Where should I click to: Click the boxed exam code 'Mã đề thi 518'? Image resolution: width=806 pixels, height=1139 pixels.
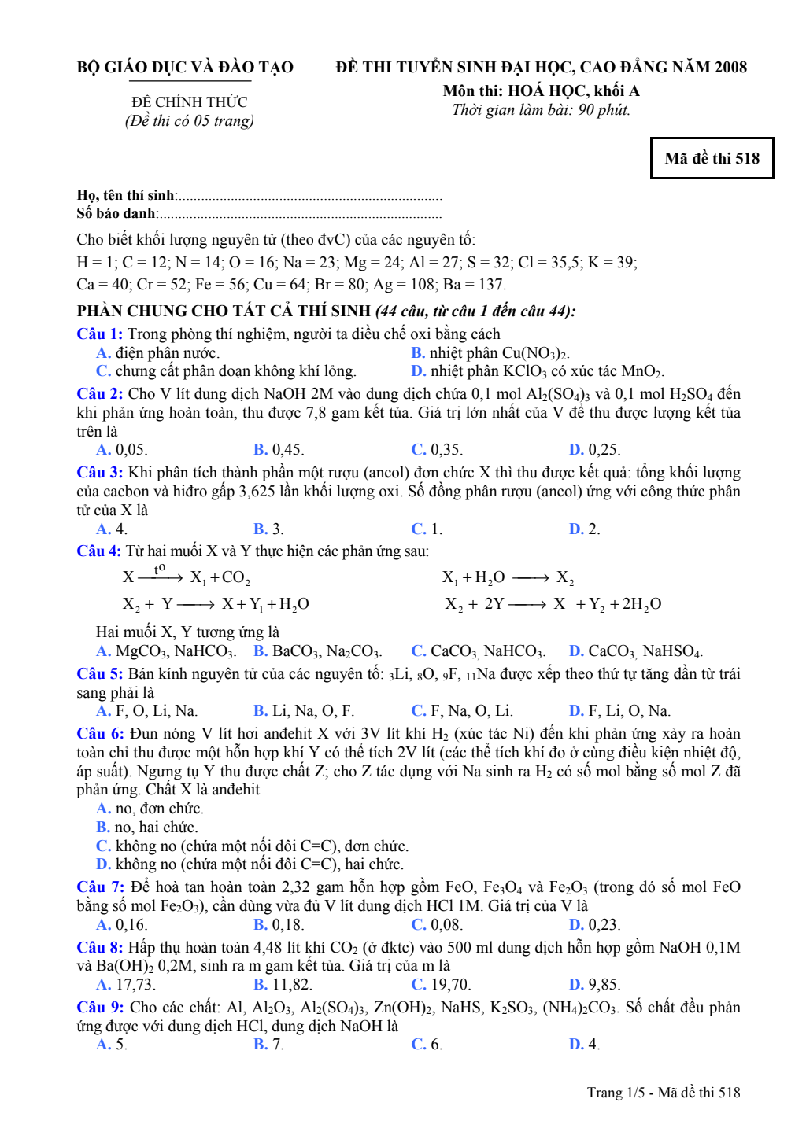click(712, 158)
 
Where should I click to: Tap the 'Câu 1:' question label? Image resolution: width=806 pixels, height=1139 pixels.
click(100, 334)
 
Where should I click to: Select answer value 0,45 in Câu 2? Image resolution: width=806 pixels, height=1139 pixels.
click(287, 450)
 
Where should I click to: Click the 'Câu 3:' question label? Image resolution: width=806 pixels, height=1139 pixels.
click(100, 473)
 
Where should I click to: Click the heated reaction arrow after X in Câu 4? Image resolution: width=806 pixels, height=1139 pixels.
click(161, 577)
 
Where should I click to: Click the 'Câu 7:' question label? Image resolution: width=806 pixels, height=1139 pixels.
click(100, 887)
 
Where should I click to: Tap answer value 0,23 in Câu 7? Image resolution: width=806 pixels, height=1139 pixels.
click(603, 925)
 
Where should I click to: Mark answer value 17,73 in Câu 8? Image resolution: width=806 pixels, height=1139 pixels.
click(135, 985)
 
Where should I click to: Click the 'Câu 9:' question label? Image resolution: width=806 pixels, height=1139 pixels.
click(100, 1008)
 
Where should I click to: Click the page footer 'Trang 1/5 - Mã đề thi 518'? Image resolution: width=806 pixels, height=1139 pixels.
click(663, 1093)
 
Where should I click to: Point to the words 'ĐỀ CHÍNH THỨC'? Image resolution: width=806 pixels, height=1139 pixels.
click(189, 102)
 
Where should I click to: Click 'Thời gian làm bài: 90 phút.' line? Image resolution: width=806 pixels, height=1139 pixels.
click(541, 110)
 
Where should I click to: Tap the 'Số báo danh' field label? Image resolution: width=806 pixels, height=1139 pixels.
click(116, 213)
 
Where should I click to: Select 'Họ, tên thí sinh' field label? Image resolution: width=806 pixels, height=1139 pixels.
click(126, 195)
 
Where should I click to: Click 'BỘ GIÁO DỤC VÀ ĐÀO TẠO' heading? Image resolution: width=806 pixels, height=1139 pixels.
click(185, 68)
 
